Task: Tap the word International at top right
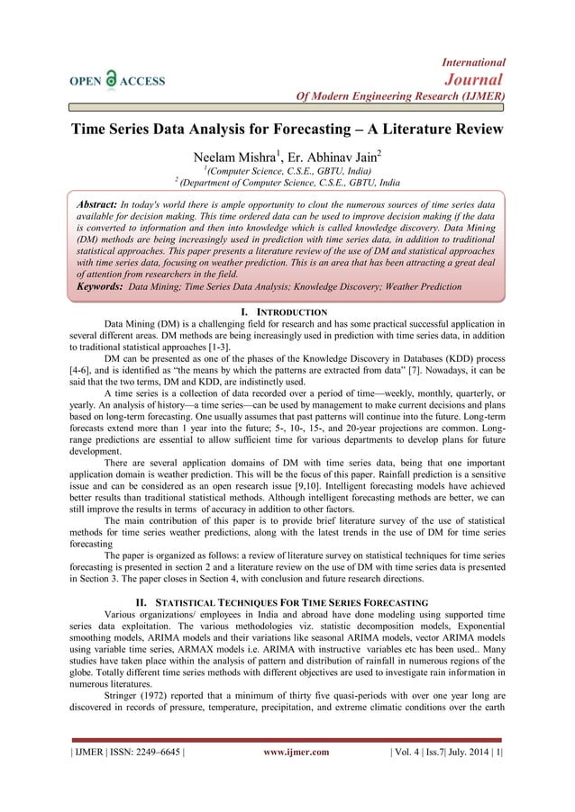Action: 473,62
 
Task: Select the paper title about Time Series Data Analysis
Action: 287,129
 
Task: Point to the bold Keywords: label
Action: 100,285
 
